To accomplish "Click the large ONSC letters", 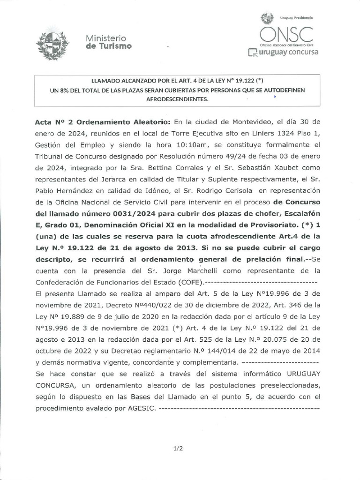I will point(286,33).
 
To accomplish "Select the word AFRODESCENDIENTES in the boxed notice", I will point(177,99).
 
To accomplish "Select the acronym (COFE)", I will point(187,282).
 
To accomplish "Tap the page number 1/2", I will point(178,449).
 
